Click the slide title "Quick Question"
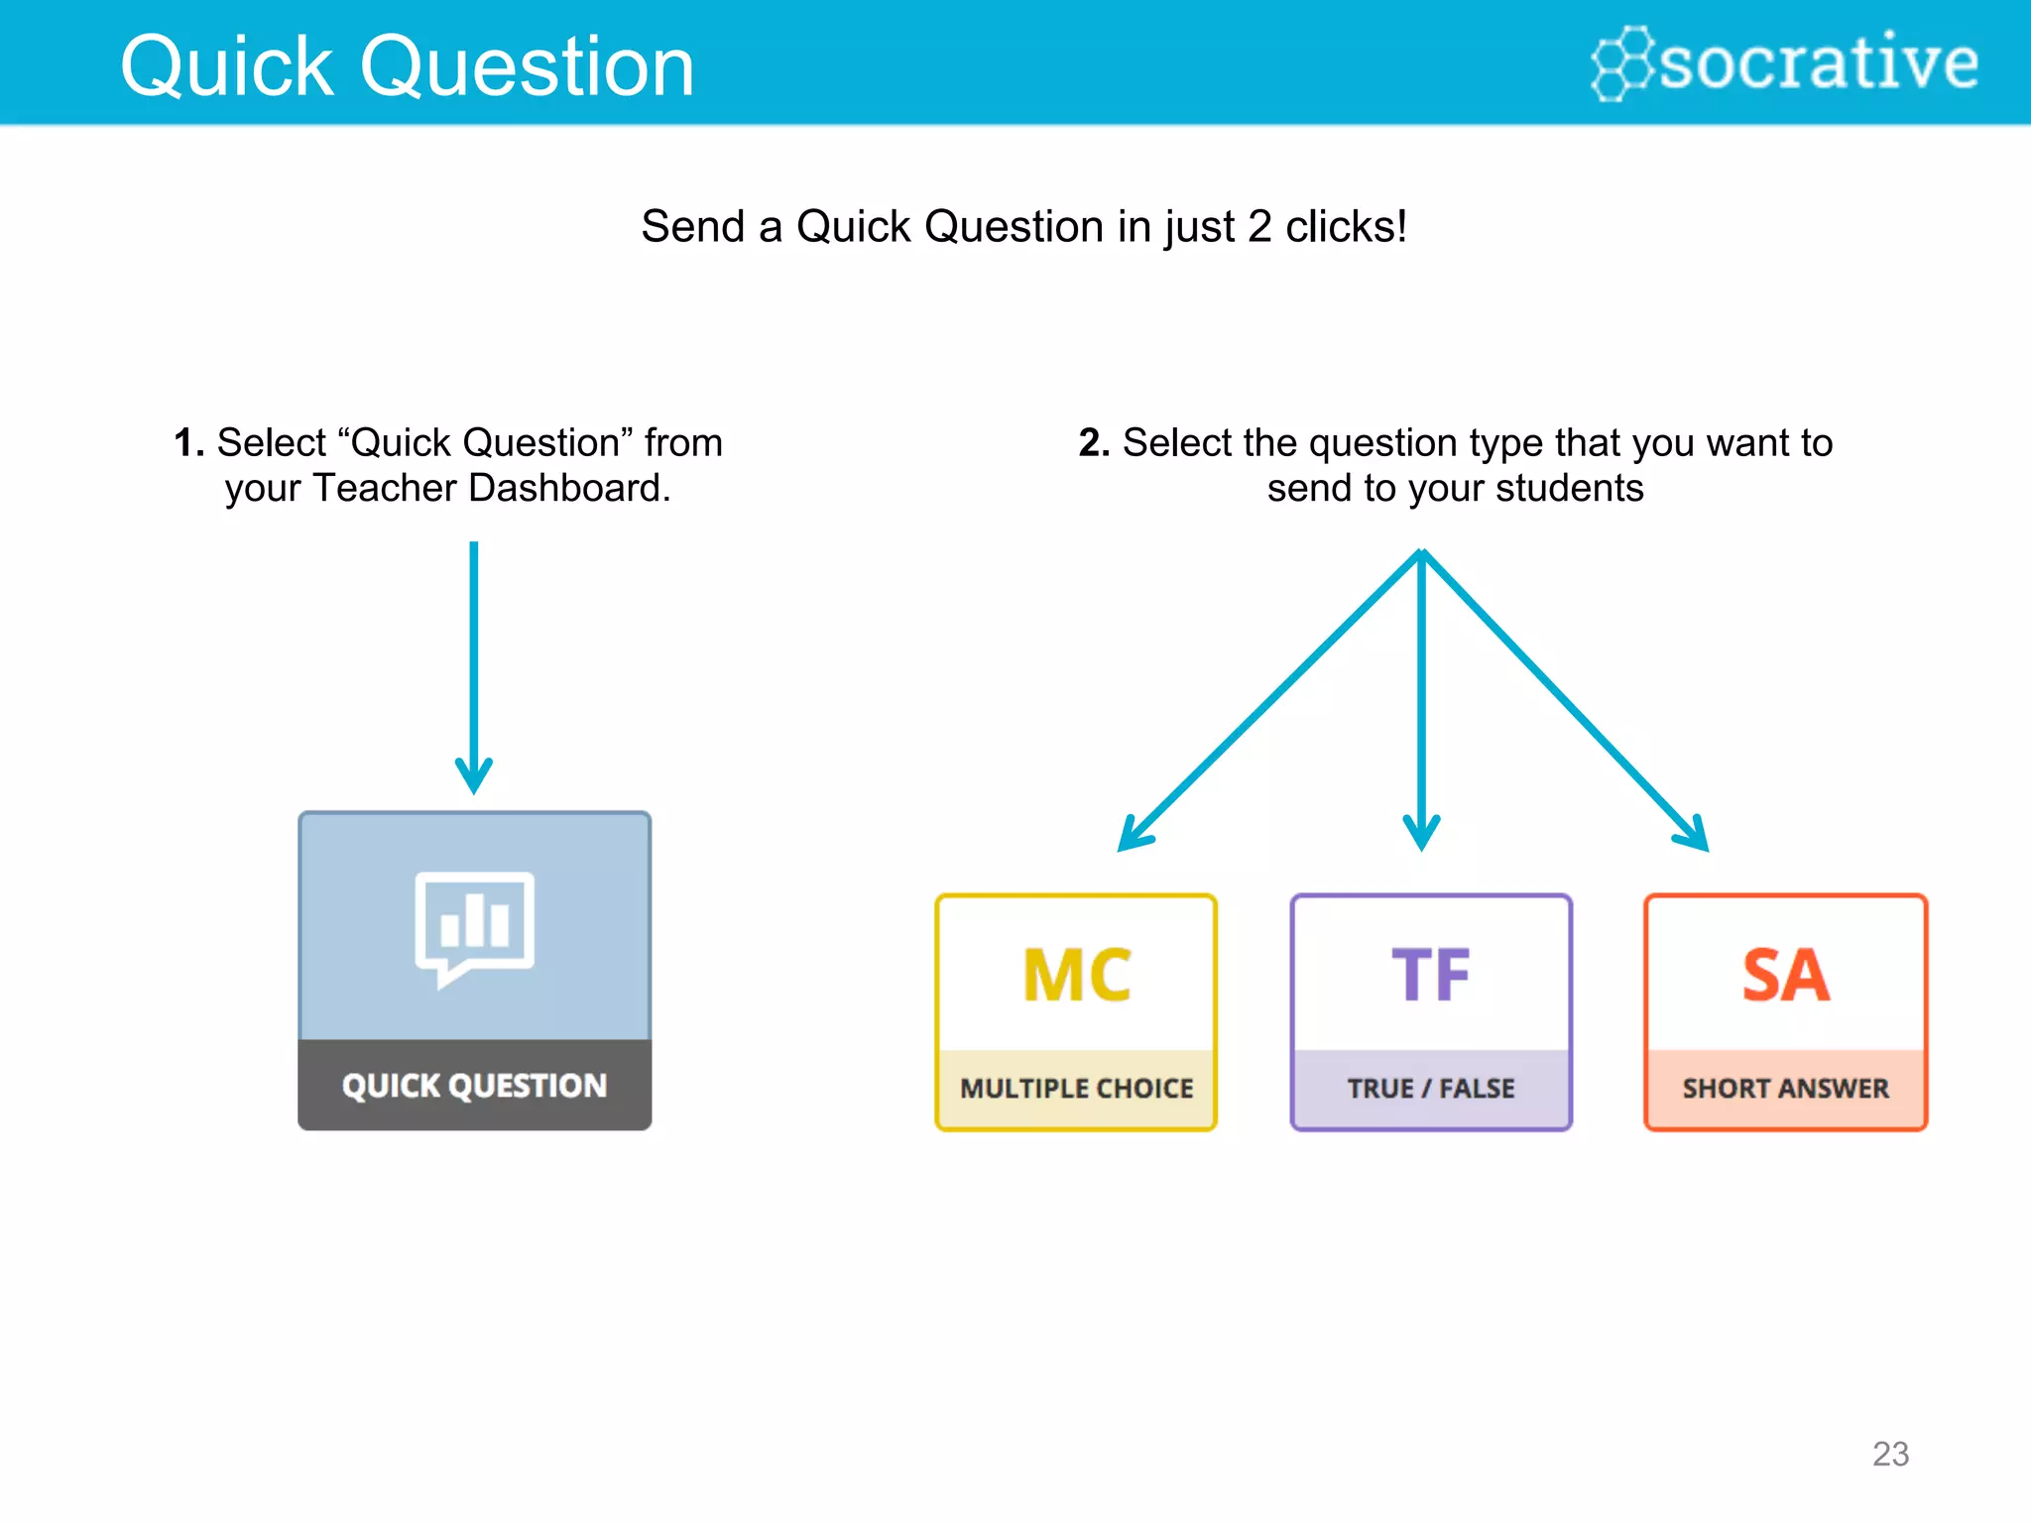[x=407, y=67]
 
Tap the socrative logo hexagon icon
[x=1620, y=63]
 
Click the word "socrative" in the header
[x=1819, y=61]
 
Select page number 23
[x=1890, y=1454]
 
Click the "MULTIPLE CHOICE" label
[x=1076, y=1089]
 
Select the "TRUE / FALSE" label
[x=1430, y=1089]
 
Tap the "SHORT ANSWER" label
[x=1785, y=1089]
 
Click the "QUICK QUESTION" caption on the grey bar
[x=474, y=1086]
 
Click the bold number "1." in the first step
[x=188, y=443]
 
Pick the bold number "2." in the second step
[x=1094, y=443]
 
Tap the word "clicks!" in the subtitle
[x=1346, y=227]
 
